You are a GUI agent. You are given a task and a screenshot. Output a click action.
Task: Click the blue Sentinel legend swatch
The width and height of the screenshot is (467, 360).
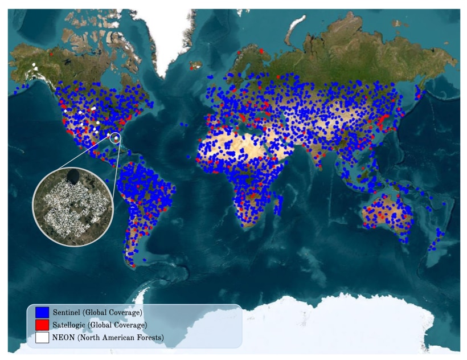coord(42,312)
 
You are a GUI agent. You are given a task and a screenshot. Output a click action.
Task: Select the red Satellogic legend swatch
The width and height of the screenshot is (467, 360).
coord(42,325)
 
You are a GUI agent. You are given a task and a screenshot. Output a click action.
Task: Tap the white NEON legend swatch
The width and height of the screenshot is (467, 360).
coord(42,337)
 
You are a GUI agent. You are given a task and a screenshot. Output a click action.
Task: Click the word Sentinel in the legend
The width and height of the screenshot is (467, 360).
coord(67,312)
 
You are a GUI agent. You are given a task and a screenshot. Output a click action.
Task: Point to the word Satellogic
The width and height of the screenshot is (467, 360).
coord(71,325)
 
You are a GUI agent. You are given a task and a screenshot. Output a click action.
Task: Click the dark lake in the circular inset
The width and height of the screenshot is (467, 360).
coord(73,177)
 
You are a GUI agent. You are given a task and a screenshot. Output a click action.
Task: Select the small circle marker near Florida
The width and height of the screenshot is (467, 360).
coord(116,137)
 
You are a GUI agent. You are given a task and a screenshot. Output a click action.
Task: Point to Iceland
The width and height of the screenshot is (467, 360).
coord(196,64)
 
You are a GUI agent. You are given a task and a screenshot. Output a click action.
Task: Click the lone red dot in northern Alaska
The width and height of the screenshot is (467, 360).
coord(51,55)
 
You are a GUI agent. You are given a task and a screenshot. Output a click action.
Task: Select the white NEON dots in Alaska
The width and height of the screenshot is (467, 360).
coord(36,67)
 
